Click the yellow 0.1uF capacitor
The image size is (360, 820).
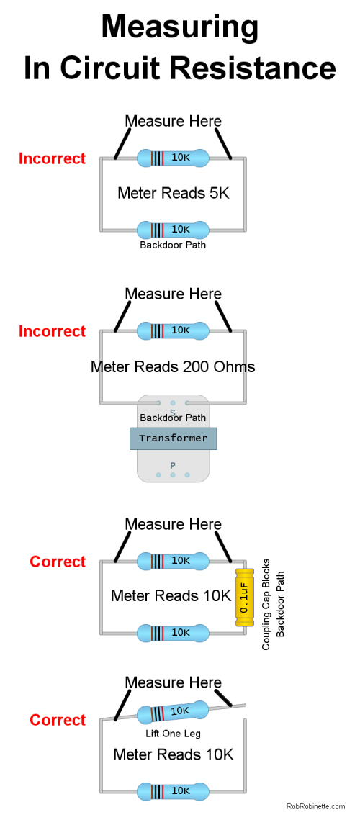click(244, 598)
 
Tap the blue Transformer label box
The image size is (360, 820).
click(174, 438)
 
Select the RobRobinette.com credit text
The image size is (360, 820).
click(315, 806)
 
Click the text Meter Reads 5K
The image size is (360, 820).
click(174, 193)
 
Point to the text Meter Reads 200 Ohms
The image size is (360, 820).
click(173, 366)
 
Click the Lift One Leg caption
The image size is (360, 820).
click(174, 734)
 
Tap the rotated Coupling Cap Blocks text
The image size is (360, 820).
click(266, 604)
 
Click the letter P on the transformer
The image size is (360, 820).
click(173, 465)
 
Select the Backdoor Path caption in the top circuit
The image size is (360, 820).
click(173, 245)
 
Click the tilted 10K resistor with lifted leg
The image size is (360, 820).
click(174, 712)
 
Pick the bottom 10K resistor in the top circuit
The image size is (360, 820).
click(174, 230)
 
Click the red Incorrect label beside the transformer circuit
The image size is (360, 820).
click(53, 332)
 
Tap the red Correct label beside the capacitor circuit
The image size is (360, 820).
click(58, 562)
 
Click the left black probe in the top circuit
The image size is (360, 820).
click(122, 143)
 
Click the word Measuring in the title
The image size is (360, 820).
click(179, 27)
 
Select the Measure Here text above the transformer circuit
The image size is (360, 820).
click(174, 294)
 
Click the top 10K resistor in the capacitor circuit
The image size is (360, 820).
click(174, 561)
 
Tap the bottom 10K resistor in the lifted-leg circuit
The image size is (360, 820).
click(174, 791)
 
